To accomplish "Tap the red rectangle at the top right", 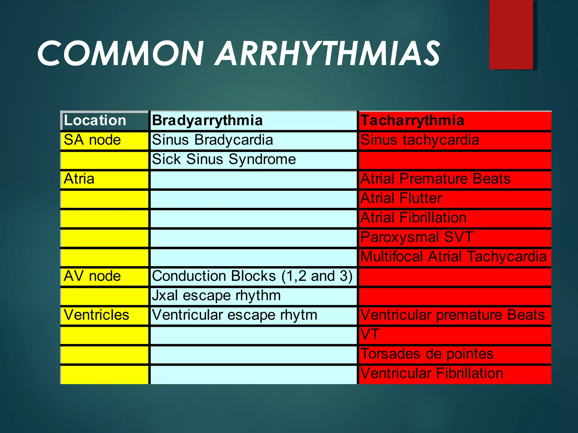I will point(511,34).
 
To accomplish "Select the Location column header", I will point(95,121).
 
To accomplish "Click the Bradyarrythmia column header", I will point(207,121).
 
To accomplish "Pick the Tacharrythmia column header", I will point(412,121).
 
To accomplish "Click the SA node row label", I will point(92,140).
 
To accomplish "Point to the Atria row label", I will point(79,179).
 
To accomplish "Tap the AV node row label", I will point(92,276).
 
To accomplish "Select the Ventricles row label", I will point(96,315).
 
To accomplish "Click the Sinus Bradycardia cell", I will point(213,140).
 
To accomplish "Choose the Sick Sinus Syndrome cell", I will point(224,160).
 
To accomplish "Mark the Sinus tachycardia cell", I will point(420,140).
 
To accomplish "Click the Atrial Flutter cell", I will point(401,198).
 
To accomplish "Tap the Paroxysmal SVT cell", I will point(417,237).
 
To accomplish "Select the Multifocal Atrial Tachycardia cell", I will point(454,257).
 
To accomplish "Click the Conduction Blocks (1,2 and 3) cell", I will point(252,276).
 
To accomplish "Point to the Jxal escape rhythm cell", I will point(216,296).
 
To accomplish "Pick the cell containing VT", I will point(370,335).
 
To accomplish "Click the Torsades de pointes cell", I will point(427,354).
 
